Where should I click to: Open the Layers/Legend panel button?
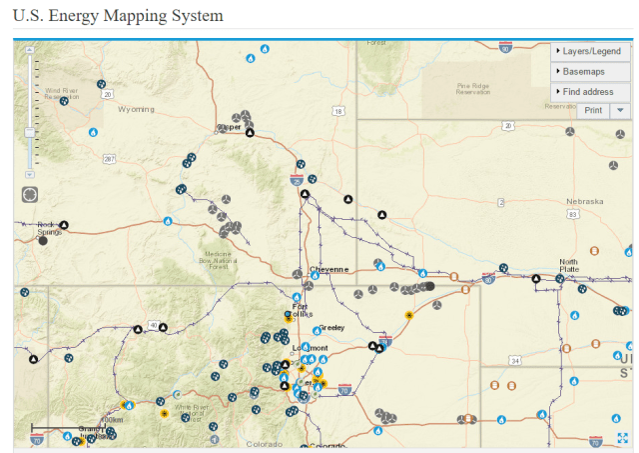pyautogui.click(x=589, y=51)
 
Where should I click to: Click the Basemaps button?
pyautogui.click(x=589, y=71)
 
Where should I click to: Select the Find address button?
pyautogui.click(x=589, y=91)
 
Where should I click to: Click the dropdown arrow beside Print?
pyautogui.click(x=620, y=110)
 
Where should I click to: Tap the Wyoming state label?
pyautogui.click(x=136, y=108)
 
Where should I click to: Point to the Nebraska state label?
pyautogui.click(x=584, y=201)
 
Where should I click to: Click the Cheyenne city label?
pyautogui.click(x=328, y=269)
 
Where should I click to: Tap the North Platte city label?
pyautogui.click(x=568, y=265)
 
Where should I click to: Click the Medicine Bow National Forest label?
pyautogui.click(x=219, y=260)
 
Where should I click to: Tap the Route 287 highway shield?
pyautogui.click(x=109, y=159)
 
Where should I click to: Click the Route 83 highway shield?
pyautogui.click(x=572, y=214)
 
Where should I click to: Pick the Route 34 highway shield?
pyautogui.click(x=515, y=359)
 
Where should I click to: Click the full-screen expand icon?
pyautogui.click(x=623, y=437)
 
